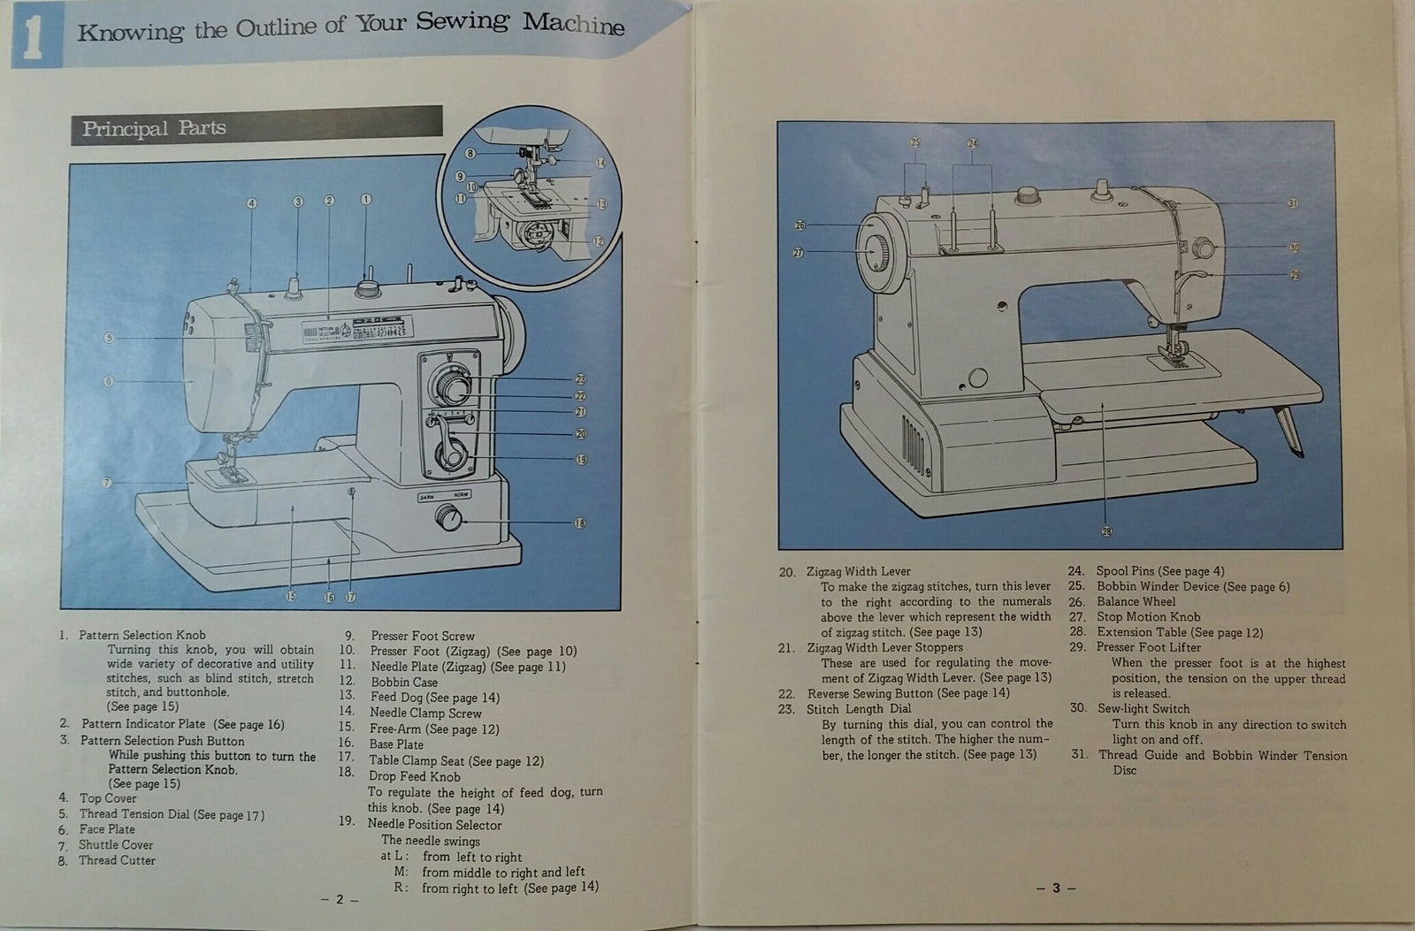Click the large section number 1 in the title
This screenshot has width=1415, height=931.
coord(33,41)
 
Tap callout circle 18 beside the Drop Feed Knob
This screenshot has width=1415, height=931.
coord(580,523)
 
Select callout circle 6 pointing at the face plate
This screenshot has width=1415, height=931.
coord(109,381)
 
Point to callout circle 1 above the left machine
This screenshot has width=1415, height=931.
coord(366,201)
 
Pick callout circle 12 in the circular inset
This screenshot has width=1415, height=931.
coord(599,240)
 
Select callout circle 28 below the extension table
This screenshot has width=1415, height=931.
coord(1106,531)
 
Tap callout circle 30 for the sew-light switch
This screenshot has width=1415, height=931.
coord(1295,248)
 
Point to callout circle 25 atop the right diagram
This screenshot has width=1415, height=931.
coord(915,142)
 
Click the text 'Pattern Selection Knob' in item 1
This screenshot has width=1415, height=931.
coord(141,635)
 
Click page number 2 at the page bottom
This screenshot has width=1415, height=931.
coord(339,899)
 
